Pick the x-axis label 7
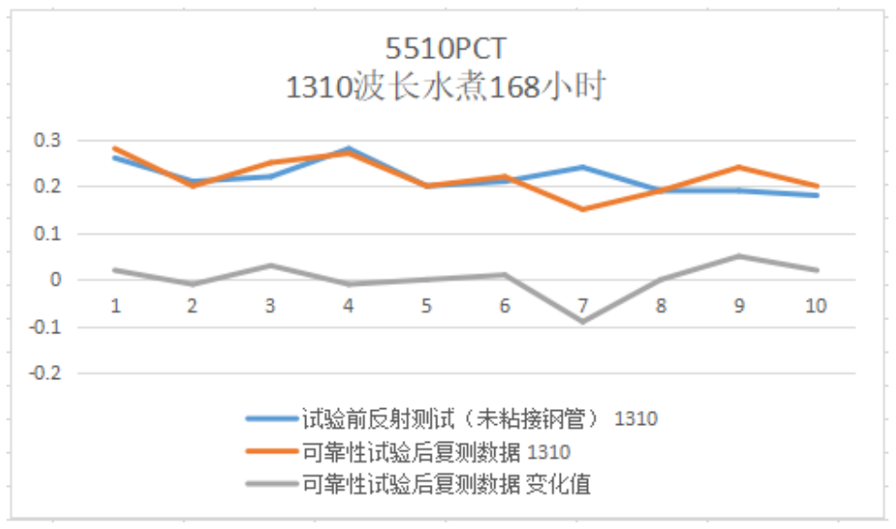click(x=582, y=306)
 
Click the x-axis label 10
click(x=815, y=306)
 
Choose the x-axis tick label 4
click(x=348, y=306)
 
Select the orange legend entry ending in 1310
click(x=436, y=452)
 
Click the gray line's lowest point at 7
click(x=582, y=321)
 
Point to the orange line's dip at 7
click(x=582, y=209)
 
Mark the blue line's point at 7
click(x=582, y=168)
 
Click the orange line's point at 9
click(x=739, y=168)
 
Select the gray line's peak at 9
click(x=739, y=256)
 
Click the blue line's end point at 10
click(x=816, y=195)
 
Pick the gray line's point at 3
click(x=271, y=265)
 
